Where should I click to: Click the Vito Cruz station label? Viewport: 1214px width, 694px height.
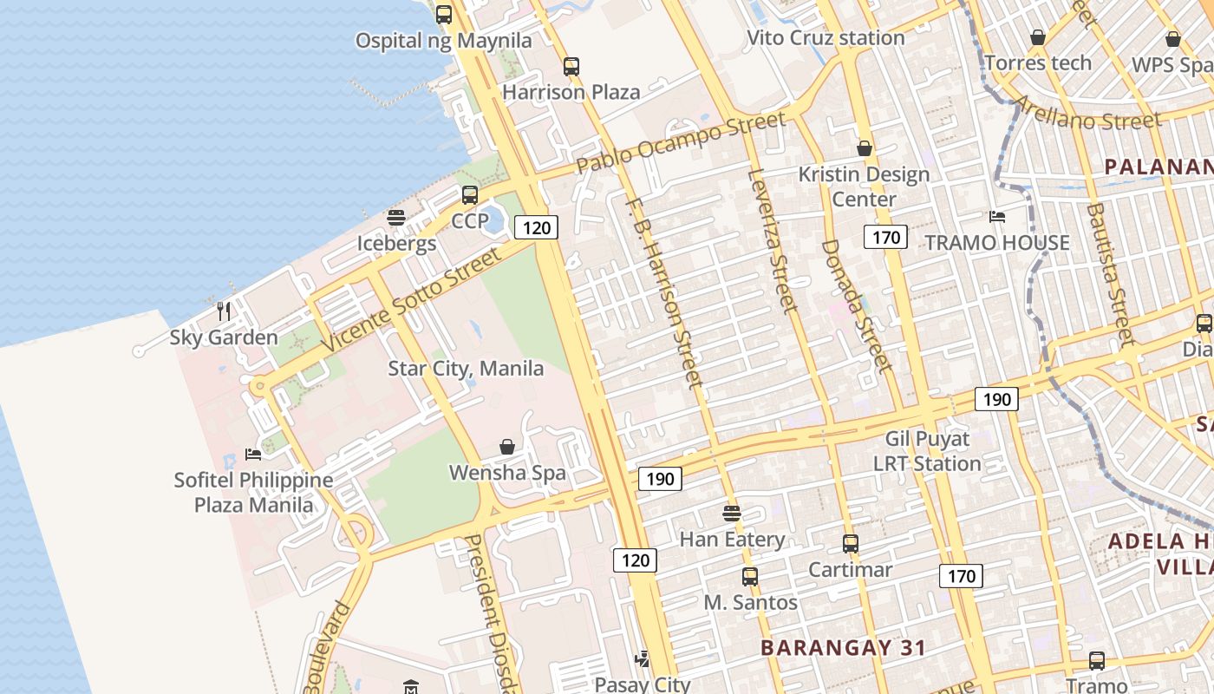(x=826, y=38)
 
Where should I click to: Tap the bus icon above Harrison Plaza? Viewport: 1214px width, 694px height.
(x=571, y=67)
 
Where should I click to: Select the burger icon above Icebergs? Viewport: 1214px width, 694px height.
(x=396, y=218)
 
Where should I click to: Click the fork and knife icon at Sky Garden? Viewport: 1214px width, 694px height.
(x=223, y=311)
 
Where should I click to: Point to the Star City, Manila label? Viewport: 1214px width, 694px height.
(x=466, y=369)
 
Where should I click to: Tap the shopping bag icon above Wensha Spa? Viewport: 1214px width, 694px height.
(x=507, y=447)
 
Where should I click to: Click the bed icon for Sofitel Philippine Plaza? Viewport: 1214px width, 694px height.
(x=252, y=454)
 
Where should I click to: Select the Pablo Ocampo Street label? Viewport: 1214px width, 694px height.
(x=681, y=139)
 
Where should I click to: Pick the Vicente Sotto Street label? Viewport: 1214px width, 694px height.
(x=413, y=299)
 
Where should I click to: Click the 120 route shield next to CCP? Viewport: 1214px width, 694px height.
(x=536, y=227)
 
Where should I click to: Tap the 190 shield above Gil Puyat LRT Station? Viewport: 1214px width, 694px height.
(x=996, y=399)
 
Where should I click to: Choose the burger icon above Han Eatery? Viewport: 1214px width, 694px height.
(x=732, y=514)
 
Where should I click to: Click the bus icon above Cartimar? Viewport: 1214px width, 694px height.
(x=851, y=544)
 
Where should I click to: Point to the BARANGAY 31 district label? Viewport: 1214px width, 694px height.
(x=844, y=647)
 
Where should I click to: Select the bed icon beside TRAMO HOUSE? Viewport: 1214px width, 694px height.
(x=997, y=217)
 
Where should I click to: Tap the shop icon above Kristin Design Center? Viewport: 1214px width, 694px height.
(x=864, y=148)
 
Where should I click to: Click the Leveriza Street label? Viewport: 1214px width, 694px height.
(x=771, y=240)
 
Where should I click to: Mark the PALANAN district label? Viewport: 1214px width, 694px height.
(x=1158, y=167)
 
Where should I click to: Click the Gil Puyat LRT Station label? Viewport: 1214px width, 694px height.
(x=927, y=451)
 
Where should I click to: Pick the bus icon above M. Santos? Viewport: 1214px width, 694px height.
(x=750, y=576)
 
